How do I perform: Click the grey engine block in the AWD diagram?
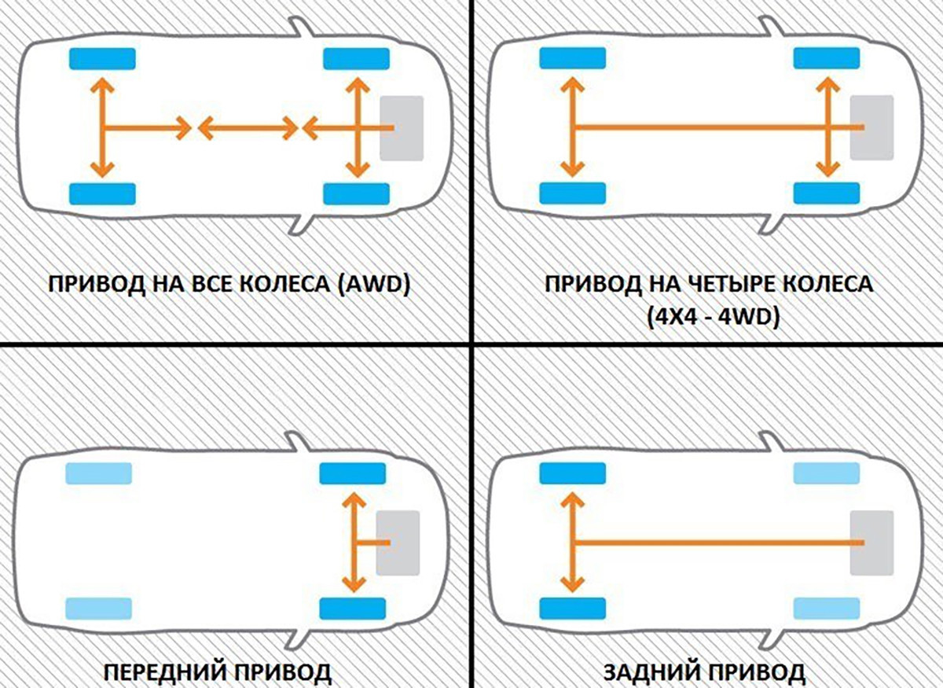[x=402, y=127]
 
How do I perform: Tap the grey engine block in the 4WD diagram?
[x=872, y=127]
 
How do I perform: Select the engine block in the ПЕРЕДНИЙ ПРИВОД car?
[x=398, y=542]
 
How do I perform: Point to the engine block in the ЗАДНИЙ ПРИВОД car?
[x=872, y=542]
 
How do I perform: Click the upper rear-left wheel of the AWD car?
[x=102, y=59]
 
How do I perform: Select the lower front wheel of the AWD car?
[x=356, y=193]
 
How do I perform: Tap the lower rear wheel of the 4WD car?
[x=572, y=193]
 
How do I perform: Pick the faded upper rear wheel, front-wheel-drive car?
[x=98, y=473]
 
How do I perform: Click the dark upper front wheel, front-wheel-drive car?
[x=353, y=473]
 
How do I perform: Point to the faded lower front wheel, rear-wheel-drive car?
[x=827, y=609]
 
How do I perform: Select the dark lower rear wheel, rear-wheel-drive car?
[x=572, y=609]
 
